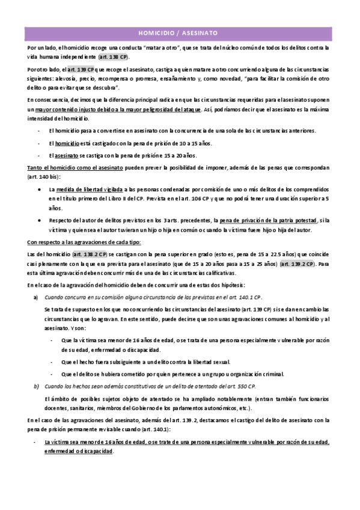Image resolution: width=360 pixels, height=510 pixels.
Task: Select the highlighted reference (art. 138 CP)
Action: coord(114,57)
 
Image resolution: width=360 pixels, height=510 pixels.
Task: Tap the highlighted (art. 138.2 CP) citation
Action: coord(90,255)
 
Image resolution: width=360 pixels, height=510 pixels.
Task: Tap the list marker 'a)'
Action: coord(36,297)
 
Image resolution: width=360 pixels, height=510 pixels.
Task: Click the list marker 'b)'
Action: coord(36,386)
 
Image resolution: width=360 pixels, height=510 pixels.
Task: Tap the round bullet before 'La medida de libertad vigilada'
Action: coord(39,189)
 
